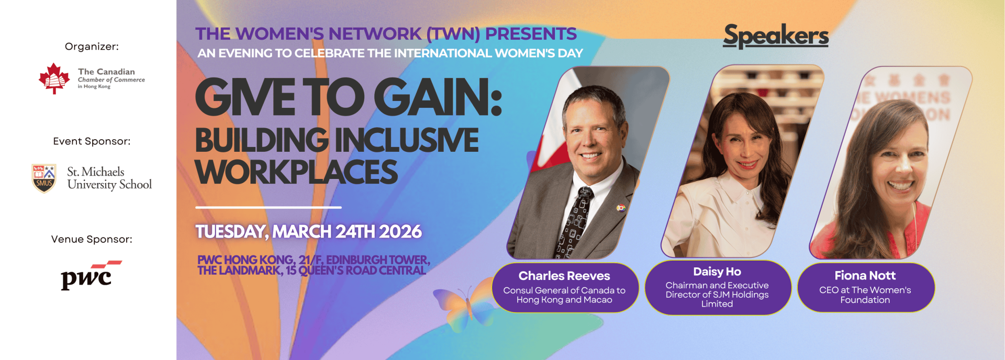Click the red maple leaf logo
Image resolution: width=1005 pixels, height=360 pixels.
54,78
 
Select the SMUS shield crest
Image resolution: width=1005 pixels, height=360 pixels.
44,178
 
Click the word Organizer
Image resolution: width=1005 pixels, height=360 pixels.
92,47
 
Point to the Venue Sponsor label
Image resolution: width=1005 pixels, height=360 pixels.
92,239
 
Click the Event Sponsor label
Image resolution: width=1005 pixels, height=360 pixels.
92,141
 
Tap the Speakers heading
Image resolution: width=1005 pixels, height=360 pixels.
776,36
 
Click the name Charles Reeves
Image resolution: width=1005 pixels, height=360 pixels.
564,276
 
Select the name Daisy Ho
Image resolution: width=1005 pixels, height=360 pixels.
717,272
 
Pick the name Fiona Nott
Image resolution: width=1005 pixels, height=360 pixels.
865,275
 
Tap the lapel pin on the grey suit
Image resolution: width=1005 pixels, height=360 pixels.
621,208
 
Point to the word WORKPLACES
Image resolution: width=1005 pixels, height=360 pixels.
296,172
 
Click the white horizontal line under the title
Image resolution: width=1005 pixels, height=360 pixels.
269,208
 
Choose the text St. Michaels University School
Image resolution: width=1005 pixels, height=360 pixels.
109,178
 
